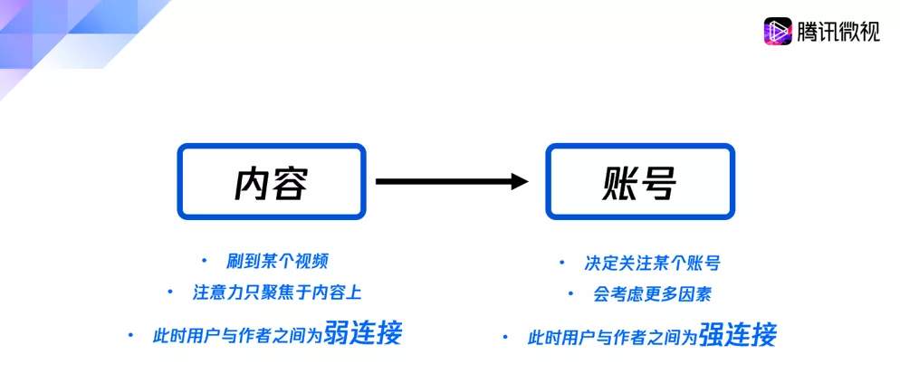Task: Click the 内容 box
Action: [x=271, y=146]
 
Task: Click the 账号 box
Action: [x=640, y=146]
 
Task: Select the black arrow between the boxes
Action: [x=452, y=181]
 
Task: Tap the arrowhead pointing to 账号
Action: [x=520, y=181]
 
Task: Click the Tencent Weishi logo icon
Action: [x=777, y=31]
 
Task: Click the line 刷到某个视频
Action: [x=277, y=262]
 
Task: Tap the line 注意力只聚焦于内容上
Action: [x=277, y=292]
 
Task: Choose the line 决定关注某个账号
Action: [x=652, y=264]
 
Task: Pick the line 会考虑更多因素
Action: [x=653, y=294]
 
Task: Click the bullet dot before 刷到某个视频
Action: [x=204, y=262]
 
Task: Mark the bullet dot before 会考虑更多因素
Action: [x=570, y=294]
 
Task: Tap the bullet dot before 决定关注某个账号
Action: [x=561, y=264]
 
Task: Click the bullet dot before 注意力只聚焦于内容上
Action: [x=170, y=292]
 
